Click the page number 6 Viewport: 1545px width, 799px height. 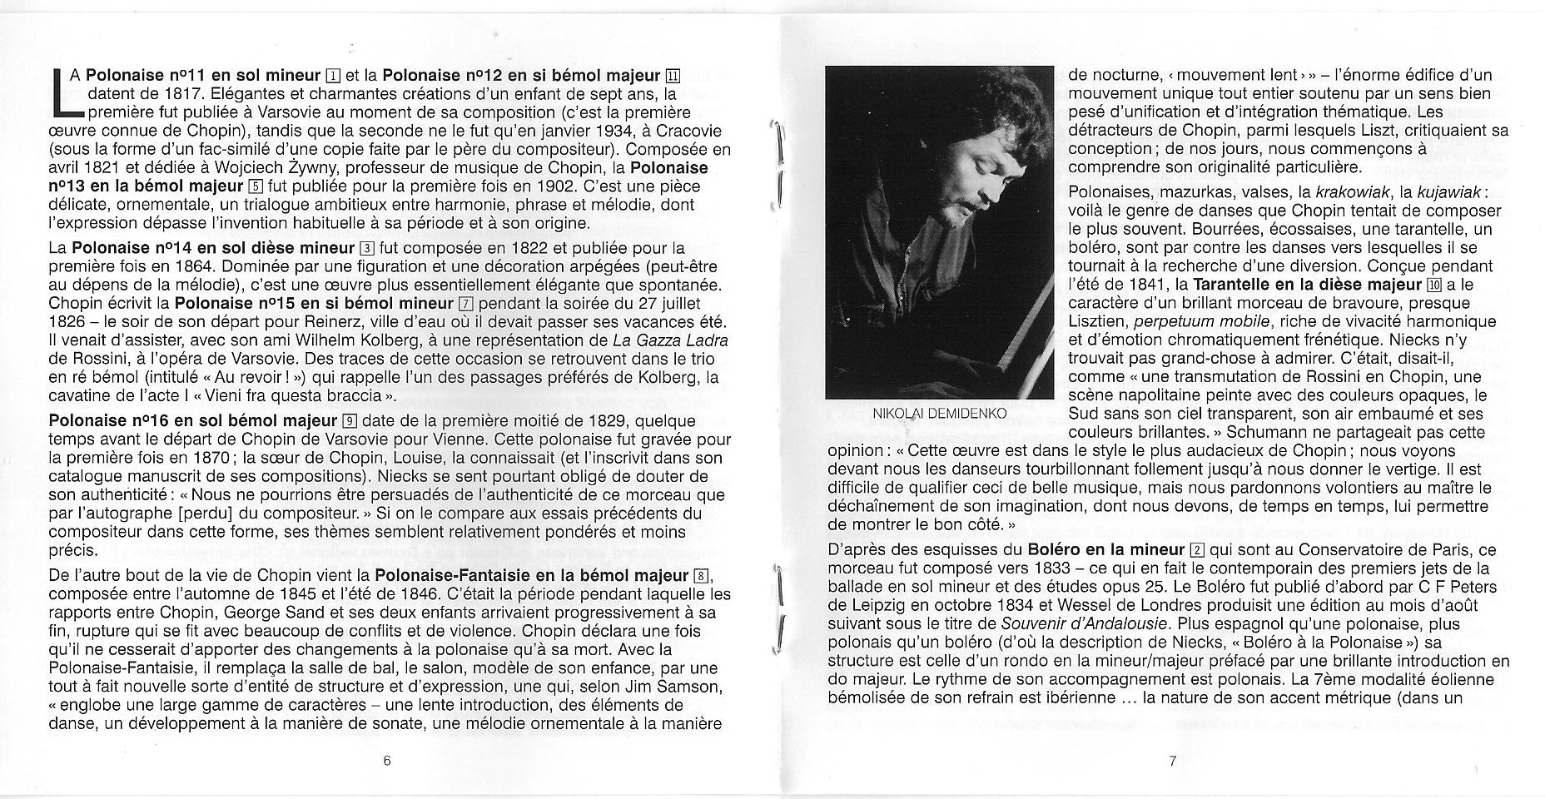(x=387, y=760)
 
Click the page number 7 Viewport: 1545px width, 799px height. (x=1172, y=760)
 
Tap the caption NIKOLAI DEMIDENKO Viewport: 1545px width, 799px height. (x=940, y=413)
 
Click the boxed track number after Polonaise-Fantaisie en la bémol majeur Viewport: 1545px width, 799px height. (x=702, y=576)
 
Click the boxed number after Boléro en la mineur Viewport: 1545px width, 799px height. (x=1197, y=550)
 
